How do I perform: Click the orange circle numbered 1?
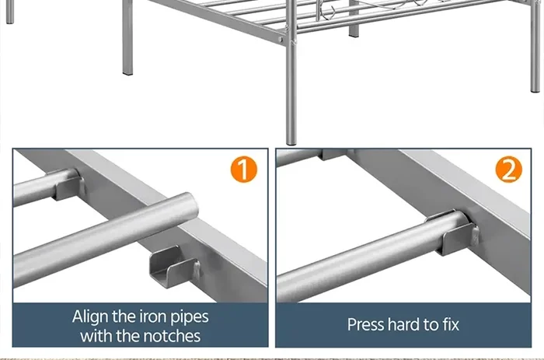click(243, 169)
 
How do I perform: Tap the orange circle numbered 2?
click(508, 169)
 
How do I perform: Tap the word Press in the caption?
click(366, 324)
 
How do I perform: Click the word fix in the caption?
click(451, 324)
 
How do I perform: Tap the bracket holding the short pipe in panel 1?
click(68, 185)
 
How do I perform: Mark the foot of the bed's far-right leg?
click(535, 89)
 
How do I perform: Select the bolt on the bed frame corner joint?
click(281, 40)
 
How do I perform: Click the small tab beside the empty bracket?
click(197, 268)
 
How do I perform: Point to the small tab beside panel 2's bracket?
click(476, 234)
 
